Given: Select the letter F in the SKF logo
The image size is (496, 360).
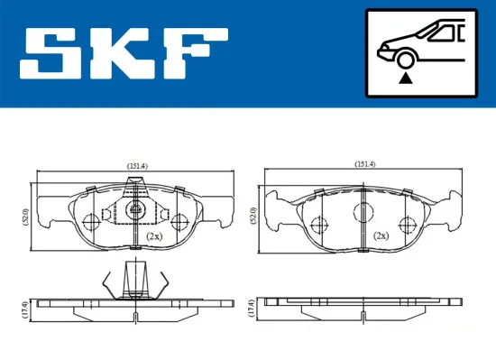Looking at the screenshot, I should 196,52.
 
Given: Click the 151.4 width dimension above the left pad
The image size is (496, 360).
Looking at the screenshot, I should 138,165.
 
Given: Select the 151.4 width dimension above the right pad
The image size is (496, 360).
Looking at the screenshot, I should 364,163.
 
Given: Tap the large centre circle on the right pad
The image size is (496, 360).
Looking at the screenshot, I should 363,212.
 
